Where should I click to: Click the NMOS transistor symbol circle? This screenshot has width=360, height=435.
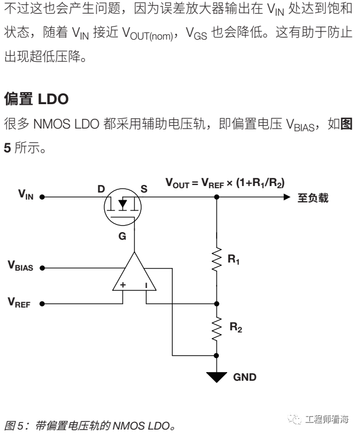pos(122,206)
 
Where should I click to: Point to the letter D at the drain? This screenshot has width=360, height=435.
pos(100,189)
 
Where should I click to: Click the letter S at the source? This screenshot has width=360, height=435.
pos(144,189)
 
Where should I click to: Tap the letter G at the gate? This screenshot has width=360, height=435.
pos(122,236)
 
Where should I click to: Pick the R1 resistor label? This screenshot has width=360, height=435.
pos(234,261)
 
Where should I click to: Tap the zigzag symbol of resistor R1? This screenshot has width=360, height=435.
pos(217,260)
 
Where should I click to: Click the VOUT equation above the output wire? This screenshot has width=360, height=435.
pos(225,183)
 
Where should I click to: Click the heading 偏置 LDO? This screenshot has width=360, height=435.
pos(36,99)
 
